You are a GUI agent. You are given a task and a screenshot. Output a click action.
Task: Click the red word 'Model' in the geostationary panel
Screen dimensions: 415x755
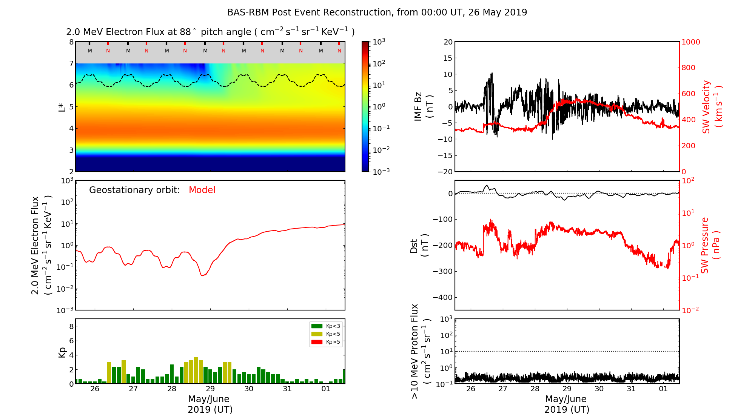point(202,190)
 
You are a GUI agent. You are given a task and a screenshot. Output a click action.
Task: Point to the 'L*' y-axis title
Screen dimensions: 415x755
point(62,106)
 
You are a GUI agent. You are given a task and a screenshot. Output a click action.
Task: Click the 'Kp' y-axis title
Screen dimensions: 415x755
point(62,352)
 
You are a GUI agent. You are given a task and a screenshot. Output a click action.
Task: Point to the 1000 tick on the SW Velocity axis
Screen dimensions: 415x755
point(690,42)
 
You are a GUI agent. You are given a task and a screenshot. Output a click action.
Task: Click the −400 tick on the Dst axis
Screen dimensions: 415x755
point(443,297)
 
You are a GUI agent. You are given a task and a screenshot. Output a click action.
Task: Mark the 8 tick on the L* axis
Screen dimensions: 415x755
point(71,42)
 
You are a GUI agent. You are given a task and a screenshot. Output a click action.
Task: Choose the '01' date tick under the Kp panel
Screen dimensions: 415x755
point(326,389)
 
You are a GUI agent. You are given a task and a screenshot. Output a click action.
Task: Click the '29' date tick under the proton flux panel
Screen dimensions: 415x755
point(567,389)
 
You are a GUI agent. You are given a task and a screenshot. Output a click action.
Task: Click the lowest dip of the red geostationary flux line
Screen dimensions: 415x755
point(203,275)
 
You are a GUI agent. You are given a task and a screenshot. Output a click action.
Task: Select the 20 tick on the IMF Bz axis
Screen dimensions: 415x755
point(448,42)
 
